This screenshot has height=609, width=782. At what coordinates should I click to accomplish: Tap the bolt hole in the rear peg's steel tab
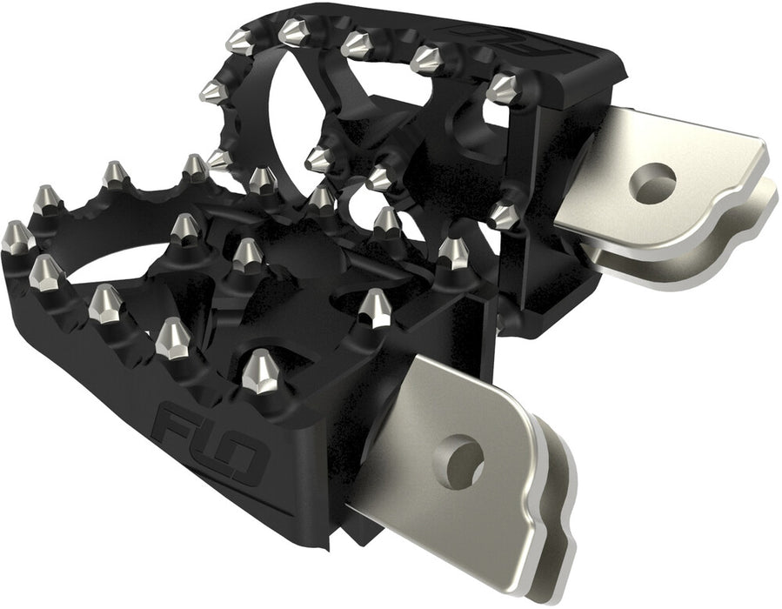(x=653, y=183)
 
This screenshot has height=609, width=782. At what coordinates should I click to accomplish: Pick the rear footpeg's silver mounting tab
(x=661, y=187)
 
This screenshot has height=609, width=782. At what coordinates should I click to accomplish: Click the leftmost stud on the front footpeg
(x=15, y=237)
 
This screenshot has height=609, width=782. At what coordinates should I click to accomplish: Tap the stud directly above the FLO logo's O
(x=260, y=371)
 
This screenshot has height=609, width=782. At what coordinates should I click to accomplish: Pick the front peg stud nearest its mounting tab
(x=376, y=307)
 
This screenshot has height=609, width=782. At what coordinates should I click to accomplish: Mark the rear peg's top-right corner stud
(x=502, y=87)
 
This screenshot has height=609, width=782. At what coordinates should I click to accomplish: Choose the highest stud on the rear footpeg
(x=292, y=32)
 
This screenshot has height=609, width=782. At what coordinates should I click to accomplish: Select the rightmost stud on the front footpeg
(x=453, y=252)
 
